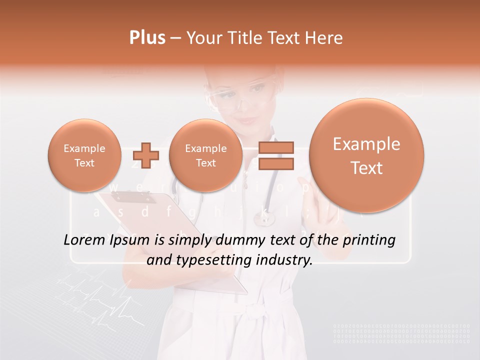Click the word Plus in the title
click(147, 38)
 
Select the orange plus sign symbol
click(146, 155)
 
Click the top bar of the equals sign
click(275, 147)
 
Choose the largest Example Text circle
click(366, 155)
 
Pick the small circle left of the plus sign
click(84, 155)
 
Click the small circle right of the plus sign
click(205, 155)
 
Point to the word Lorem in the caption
click(83, 240)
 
